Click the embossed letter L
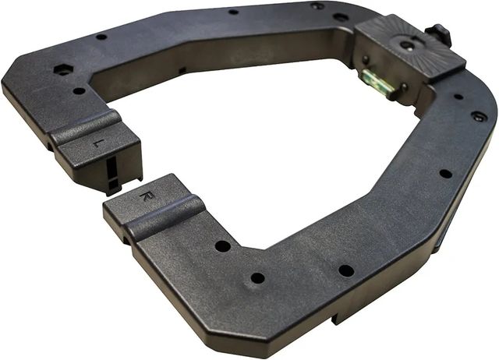tap(94, 143)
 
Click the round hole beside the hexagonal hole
tap(79, 90)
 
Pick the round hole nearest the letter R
tap(223, 246)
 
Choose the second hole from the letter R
tap(257, 278)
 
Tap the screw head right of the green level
tap(404, 86)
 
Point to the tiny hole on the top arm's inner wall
tap(182, 70)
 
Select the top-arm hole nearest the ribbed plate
tap(341, 16)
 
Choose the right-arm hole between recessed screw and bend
tap(444, 173)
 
